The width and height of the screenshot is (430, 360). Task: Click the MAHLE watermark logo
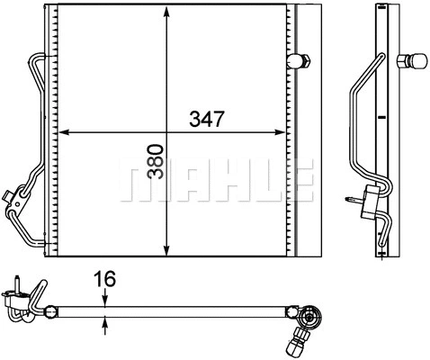216,179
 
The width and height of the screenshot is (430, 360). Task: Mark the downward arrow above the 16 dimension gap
106,301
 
